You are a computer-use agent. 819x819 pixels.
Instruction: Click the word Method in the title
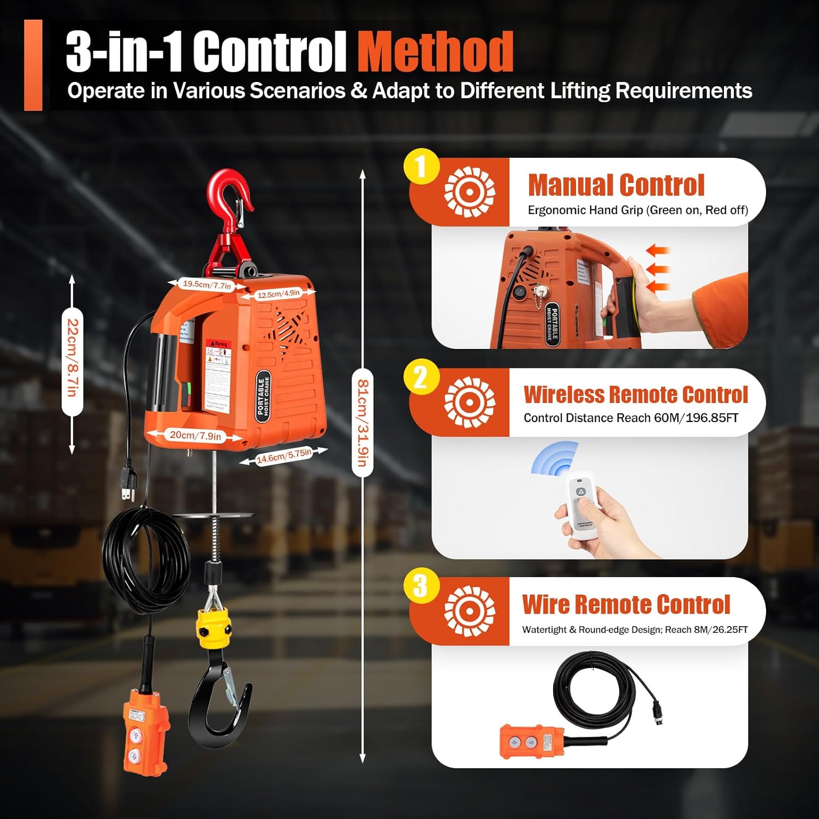435,52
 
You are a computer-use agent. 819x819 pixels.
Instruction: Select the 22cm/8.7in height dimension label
72,359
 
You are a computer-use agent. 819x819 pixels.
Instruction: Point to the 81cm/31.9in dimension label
363,423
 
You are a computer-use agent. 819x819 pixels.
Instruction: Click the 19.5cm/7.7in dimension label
206,284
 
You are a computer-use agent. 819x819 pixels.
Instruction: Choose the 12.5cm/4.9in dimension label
278,294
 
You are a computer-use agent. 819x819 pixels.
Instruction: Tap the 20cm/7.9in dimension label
195,435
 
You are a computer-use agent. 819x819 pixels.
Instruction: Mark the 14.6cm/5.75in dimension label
284,455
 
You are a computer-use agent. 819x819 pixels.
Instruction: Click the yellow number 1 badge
422,167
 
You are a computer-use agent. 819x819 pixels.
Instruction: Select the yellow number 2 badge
422,377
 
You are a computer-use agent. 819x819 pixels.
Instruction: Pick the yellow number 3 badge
422,585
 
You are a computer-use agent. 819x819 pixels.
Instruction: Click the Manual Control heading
616,185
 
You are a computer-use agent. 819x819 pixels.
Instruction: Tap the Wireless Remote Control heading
636,394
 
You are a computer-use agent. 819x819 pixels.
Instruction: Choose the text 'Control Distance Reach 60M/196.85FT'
631,418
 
